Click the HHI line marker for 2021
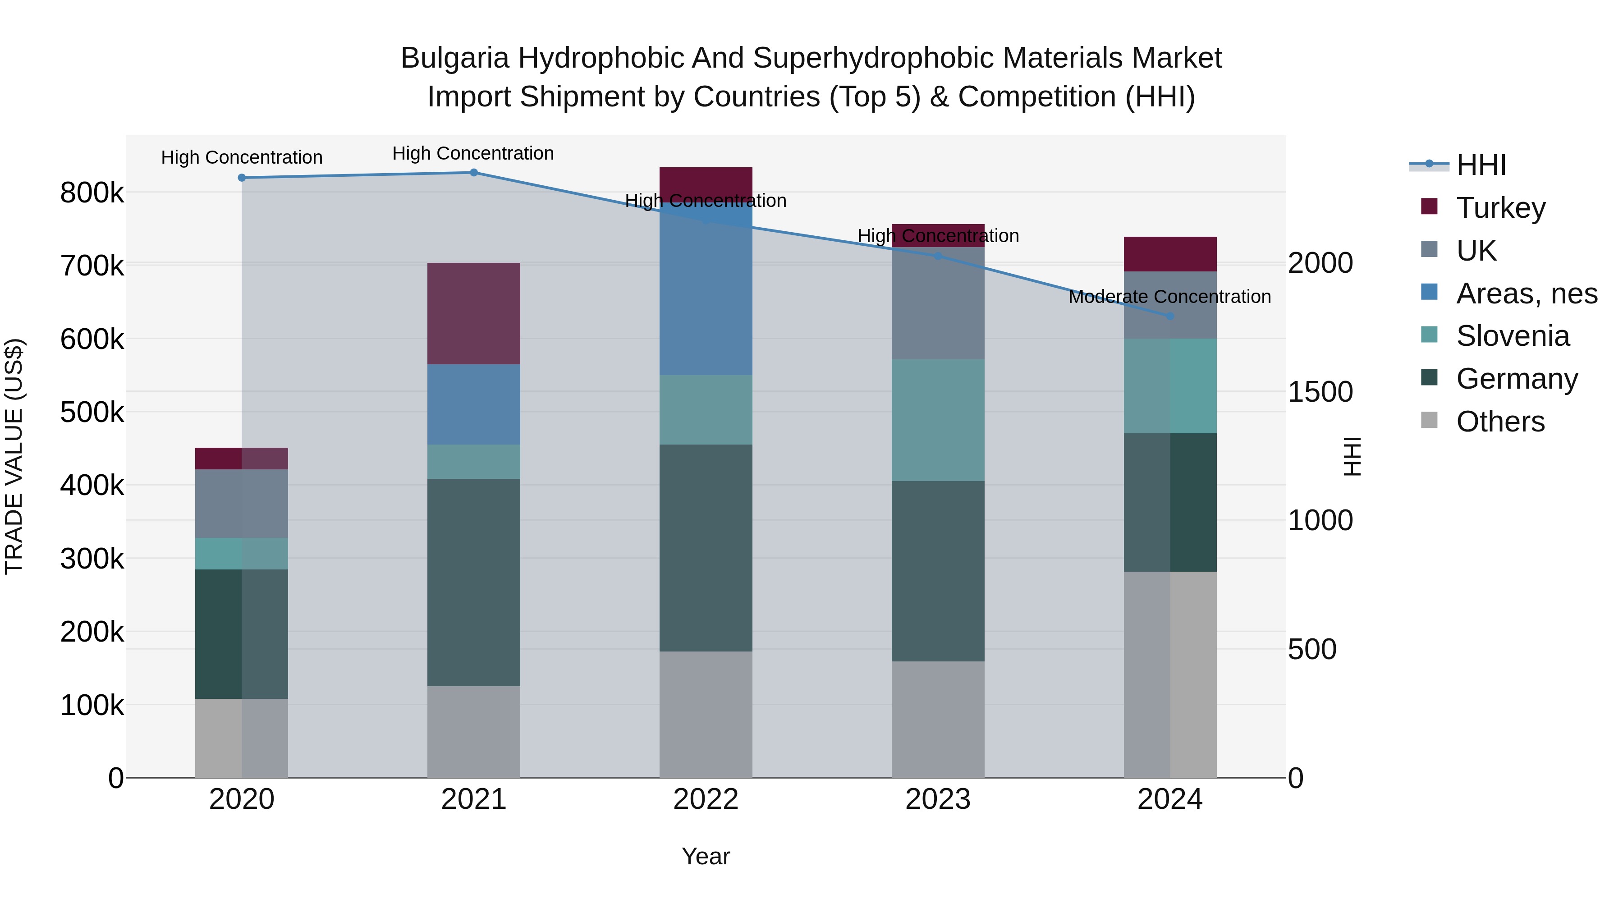[474, 173]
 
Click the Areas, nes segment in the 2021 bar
[474, 404]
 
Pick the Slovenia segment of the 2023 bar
[938, 420]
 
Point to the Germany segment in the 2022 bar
[706, 548]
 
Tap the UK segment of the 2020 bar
[241, 504]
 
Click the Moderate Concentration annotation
[1169, 297]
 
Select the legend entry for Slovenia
[1512, 336]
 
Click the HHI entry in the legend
[1481, 165]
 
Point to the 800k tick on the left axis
[92, 193]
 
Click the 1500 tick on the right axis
[1320, 392]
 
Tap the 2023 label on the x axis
[938, 799]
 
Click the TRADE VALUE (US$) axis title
[14, 456]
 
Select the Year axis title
[706, 856]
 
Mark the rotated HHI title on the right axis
[1352, 456]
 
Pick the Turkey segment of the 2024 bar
[1170, 254]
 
